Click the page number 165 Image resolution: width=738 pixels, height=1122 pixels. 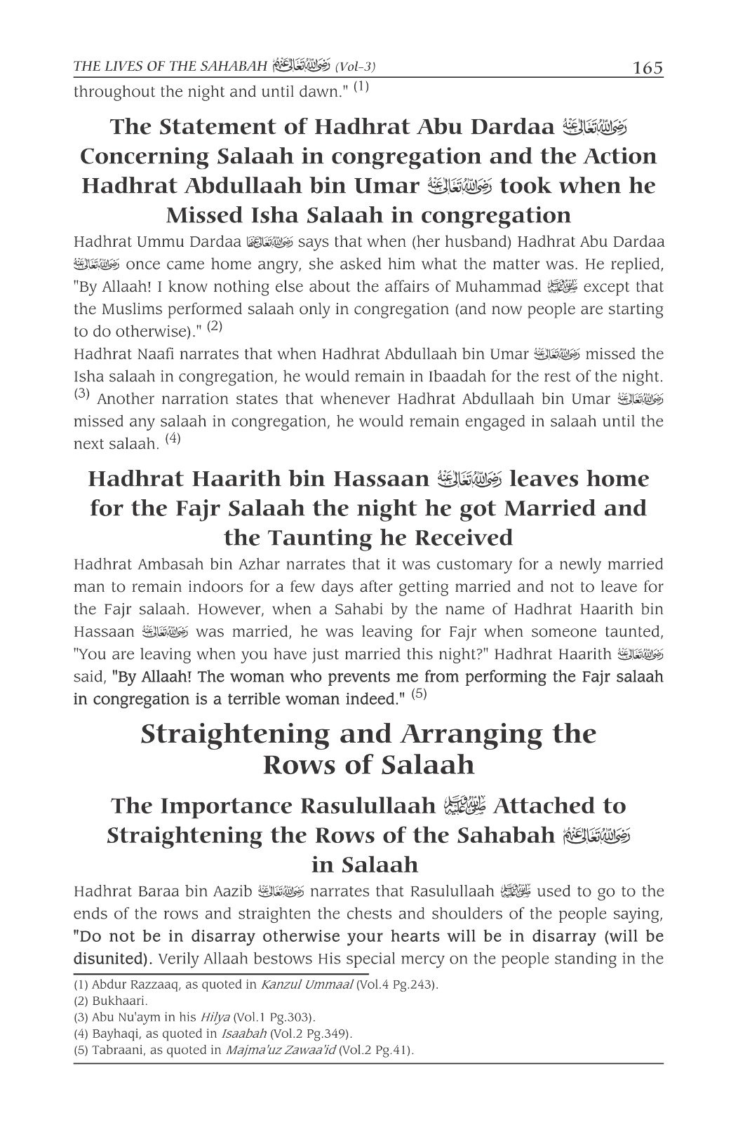[x=647, y=69]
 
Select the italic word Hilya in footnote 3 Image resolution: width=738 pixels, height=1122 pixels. [x=213, y=1018]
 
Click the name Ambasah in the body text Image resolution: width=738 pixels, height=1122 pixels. [x=170, y=565]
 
